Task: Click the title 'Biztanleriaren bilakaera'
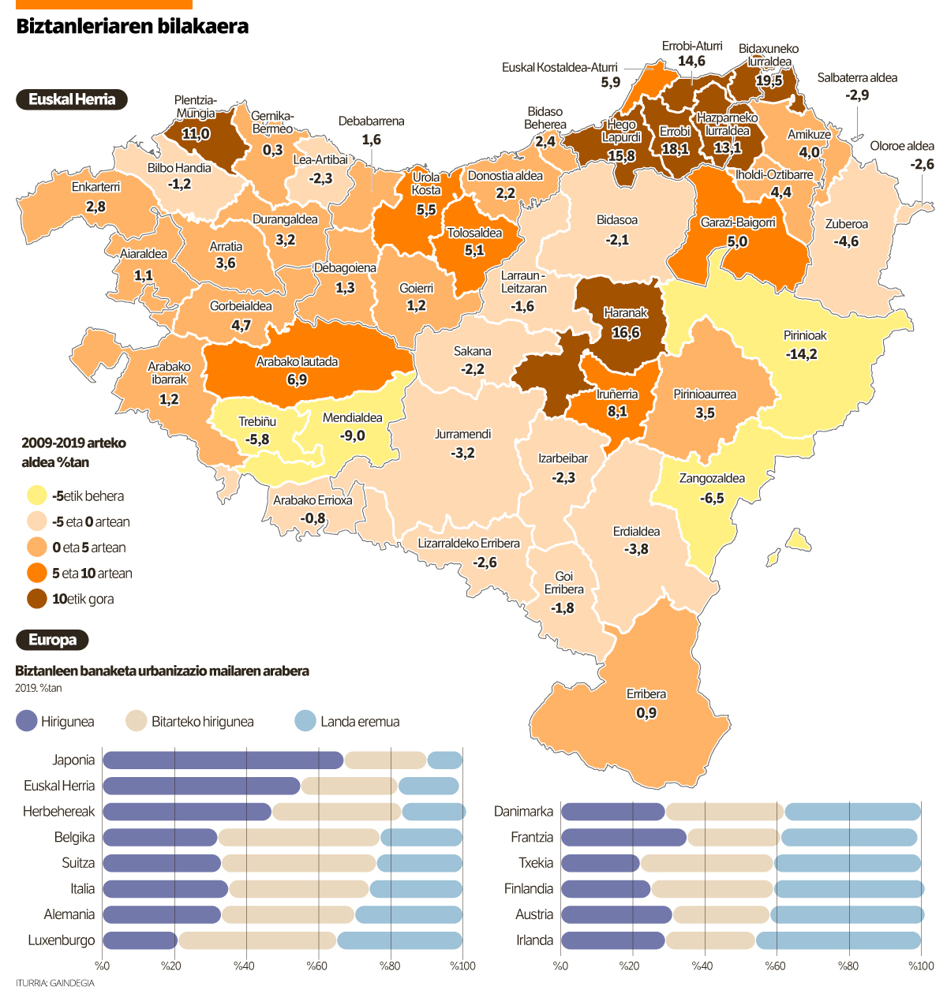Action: [x=132, y=26]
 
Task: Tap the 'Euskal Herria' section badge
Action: [x=72, y=99]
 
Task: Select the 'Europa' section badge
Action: [x=52, y=640]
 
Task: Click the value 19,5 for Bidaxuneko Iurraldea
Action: [x=769, y=80]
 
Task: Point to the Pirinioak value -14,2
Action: [x=801, y=354]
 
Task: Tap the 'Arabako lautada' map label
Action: [x=297, y=362]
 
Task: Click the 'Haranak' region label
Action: [x=626, y=313]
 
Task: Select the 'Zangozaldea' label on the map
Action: [x=712, y=479]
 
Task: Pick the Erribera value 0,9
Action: [x=646, y=713]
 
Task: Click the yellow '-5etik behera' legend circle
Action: [x=37, y=496]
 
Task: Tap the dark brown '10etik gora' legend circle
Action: [x=37, y=600]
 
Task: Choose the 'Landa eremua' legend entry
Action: [x=359, y=722]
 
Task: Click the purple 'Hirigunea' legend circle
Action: [x=27, y=721]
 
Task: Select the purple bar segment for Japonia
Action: [x=223, y=760]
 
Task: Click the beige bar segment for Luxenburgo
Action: [x=257, y=940]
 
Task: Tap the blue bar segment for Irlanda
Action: [x=837, y=940]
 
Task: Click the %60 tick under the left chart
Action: [x=317, y=966]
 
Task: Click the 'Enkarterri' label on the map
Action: [x=95, y=187]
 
